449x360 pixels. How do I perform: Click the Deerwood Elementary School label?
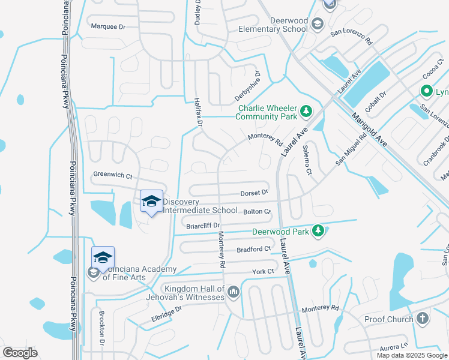[273, 25]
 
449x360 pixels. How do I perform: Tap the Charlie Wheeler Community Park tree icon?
[306, 110]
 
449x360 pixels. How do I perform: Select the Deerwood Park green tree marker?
[319, 231]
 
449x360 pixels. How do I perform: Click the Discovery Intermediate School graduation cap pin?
[151, 202]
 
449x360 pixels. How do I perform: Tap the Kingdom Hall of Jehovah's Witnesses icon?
[233, 292]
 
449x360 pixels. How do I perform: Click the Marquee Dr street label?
[108, 26]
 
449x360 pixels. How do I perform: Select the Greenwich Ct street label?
[112, 175]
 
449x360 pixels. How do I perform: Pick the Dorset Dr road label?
[255, 193]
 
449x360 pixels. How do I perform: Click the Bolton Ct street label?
[258, 212]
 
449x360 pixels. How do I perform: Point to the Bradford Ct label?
[254, 249]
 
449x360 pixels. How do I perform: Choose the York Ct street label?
[263, 272]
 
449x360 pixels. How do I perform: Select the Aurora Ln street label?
[393, 347]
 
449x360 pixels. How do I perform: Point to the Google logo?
[20, 353]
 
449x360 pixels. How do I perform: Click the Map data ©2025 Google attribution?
[411, 355]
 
